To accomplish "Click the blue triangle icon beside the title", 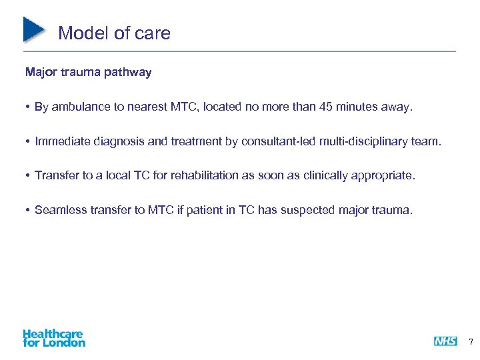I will click(34, 29).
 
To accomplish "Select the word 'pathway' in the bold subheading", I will click(129, 72).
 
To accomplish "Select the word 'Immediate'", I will click(61, 141).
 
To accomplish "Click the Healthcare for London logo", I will click(54, 338).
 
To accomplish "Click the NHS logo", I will click(445, 341).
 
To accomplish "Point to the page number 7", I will click(471, 342).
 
